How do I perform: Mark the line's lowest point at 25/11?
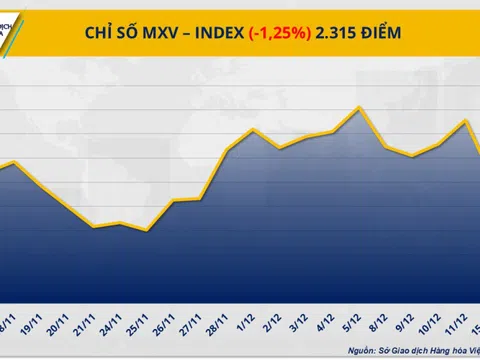[147, 231]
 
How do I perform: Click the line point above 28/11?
[227, 150]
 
